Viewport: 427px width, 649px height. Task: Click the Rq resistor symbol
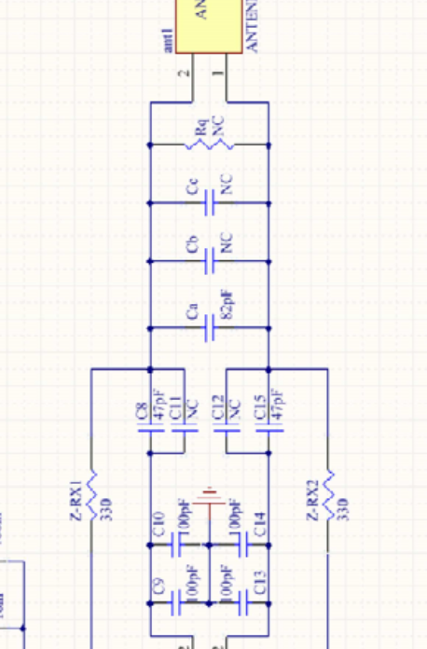pyautogui.click(x=209, y=145)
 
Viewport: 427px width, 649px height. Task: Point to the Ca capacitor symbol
pyautogui.click(x=209, y=327)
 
